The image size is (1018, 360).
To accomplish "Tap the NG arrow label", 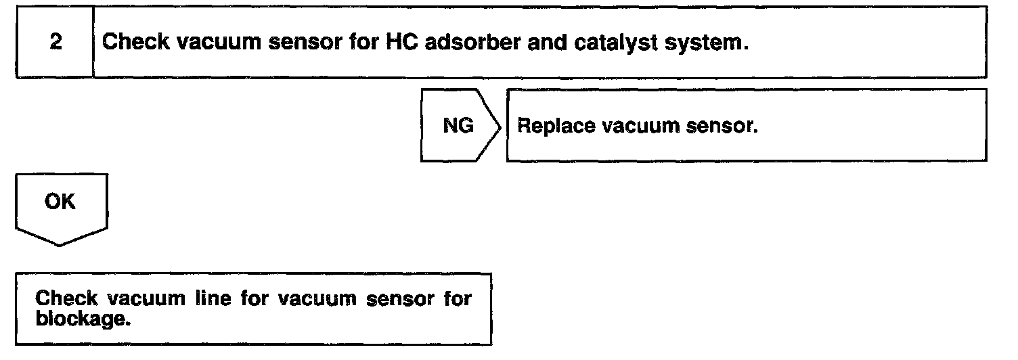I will click(x=458, y=126).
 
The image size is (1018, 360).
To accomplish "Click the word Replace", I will click(x=549, y=126).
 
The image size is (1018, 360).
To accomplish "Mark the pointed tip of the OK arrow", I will click(x=60, y=245).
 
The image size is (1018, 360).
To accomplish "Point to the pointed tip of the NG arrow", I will click(x=501, y=126).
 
